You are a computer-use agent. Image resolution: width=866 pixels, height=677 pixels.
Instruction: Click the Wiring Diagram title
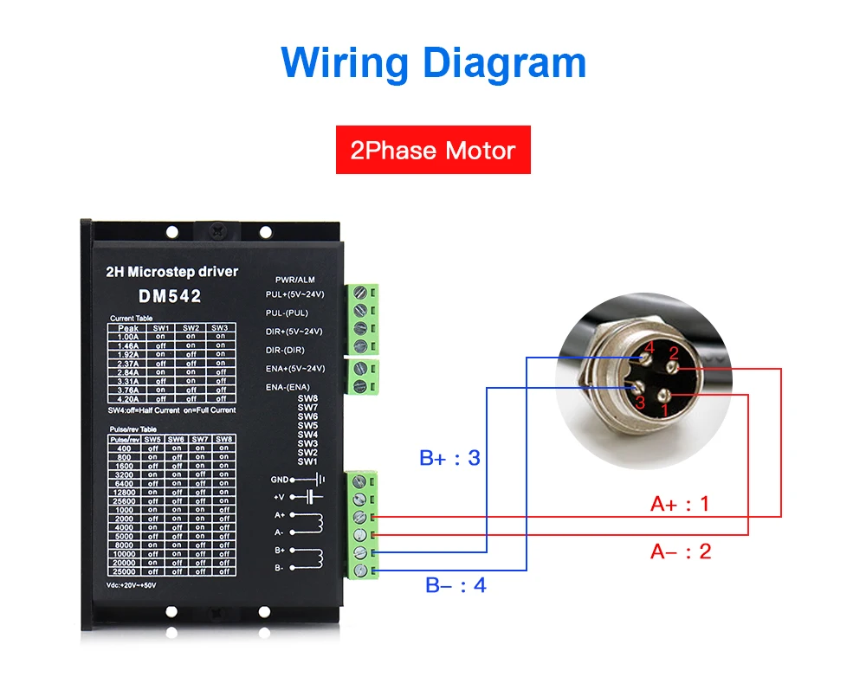(433, 62)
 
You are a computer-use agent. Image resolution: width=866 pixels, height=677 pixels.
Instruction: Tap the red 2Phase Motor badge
(433, 151)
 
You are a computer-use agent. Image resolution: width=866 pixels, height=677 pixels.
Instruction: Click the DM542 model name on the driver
(170, 296)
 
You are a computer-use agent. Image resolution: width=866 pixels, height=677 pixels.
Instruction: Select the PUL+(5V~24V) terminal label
(293, 294)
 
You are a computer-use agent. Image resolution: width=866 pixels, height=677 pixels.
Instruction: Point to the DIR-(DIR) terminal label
(287, 350)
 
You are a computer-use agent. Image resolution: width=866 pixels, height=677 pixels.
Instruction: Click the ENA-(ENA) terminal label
(287, 386)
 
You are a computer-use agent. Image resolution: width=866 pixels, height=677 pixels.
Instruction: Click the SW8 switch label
(307, 398)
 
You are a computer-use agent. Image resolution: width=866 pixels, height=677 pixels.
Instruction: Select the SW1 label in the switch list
(307, 461)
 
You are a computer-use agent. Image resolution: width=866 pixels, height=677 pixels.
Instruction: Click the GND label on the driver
(280, 479)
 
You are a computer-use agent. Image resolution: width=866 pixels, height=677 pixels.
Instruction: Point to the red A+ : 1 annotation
(680, 503)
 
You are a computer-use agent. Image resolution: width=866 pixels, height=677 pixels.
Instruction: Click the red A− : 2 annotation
(681, 551)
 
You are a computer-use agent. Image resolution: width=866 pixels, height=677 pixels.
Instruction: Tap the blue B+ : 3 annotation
(449, 457)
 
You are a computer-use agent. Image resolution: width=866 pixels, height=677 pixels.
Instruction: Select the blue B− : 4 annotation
(456, 585)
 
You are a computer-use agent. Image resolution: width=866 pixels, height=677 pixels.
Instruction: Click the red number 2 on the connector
(673, 353)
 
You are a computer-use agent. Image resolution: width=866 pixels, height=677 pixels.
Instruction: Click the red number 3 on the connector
(640, 403)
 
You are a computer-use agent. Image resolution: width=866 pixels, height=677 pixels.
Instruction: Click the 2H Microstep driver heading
(171, 271)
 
